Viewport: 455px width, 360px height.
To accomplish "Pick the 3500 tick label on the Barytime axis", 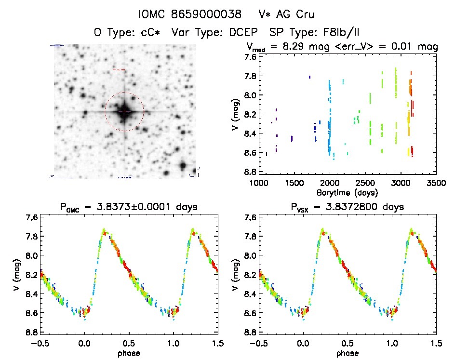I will tap(436, 183).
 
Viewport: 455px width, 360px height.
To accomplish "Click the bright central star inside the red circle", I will tap(124, 111).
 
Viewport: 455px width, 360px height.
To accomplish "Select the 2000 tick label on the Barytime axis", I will tap(330, 183).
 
